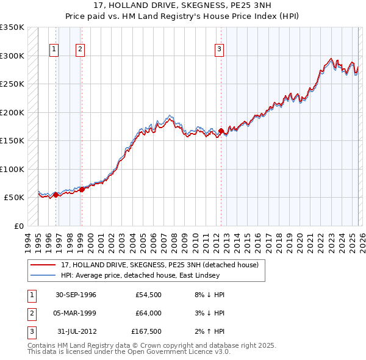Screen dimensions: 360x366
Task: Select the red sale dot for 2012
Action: [x=221, y=131]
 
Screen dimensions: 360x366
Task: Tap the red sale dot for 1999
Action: [x=81, y=190]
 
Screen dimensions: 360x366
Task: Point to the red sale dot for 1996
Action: [x=56, y=195]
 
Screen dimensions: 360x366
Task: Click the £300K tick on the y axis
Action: [x=12, y=56]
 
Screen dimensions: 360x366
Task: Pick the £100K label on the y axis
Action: [x=12, y=169]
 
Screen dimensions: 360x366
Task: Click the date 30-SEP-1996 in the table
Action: [x=76, y=295]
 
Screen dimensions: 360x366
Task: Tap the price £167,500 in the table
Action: [x=146, y=331]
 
